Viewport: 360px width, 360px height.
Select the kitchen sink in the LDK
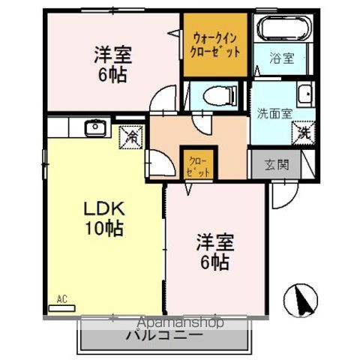[94, 129]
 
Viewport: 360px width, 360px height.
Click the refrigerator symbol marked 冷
[129, 137]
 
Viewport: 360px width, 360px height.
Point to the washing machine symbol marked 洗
[304, 133]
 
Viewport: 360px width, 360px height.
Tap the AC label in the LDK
[61, 299]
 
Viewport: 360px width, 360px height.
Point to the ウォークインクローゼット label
[216, 43]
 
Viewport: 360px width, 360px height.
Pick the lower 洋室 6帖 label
[215, 252]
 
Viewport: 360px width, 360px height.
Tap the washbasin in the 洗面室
[304, 96]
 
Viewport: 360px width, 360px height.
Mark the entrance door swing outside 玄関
[282, 194]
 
